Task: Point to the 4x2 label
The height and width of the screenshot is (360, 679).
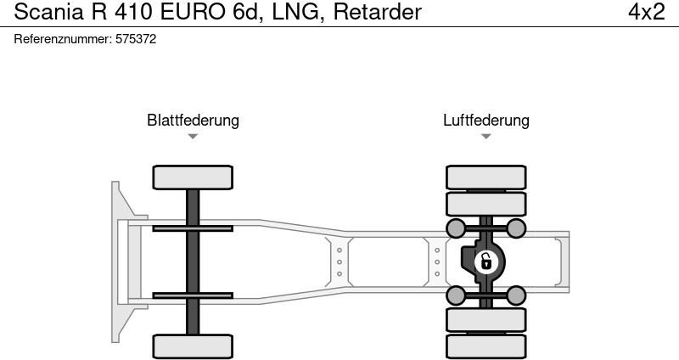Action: (x=646, y=13)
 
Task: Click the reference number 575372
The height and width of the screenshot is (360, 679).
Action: (x=135, y=39)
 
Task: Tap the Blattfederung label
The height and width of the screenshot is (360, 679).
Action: (x=193, y=120)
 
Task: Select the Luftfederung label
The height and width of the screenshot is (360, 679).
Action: (x=485, y=120)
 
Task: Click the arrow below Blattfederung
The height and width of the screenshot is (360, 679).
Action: (x=193, y=137)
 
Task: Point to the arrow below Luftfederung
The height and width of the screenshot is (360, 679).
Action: (x=485, y=137)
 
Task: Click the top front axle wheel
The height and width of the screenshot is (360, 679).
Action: (x=193, y=177)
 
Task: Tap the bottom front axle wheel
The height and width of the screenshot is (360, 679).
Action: (x=193, y=346)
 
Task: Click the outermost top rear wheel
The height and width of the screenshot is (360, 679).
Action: (x=485, y=177)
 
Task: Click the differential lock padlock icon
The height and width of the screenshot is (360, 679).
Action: (x=485, y=262)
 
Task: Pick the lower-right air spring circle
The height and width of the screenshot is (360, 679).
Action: (x=515, y=295)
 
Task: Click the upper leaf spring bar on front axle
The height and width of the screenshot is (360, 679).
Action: (x=193, y=228)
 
